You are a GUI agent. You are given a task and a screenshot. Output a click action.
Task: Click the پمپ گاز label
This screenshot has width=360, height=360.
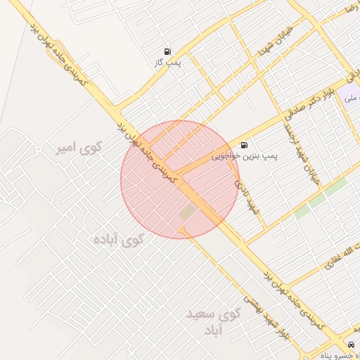(x=168, y=63)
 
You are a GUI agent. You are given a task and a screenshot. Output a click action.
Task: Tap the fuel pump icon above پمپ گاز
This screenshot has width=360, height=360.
(x=167, y=51)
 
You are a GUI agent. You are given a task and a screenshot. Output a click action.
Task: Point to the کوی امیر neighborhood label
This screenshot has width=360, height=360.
(x=79, y=148)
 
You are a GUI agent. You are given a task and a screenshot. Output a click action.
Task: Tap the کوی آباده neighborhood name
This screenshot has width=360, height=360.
(x=117, y=240)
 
